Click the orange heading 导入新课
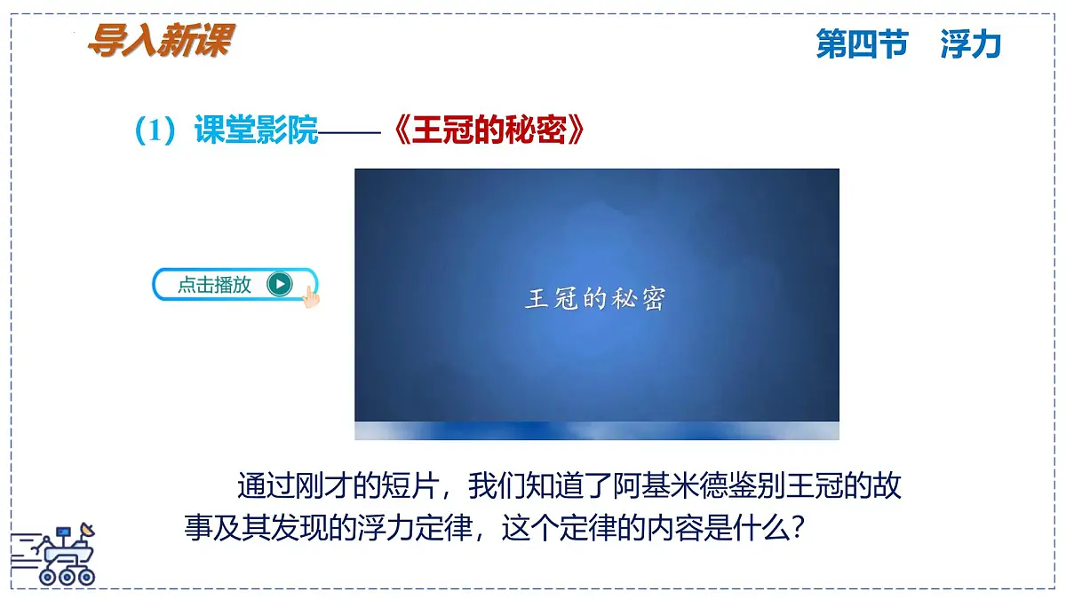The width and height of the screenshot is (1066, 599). coord(160,40)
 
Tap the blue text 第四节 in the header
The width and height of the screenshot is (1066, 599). coord(862,43)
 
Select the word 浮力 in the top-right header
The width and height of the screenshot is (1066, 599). coord(970,43)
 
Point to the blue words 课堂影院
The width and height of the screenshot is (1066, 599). coord(256,132)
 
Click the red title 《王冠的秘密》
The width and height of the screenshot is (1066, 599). coord(489,132)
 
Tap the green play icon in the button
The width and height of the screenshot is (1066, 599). coord(279,284)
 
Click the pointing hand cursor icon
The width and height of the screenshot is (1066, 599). coord(310,296)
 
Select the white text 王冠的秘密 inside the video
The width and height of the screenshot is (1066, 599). coord(595,298)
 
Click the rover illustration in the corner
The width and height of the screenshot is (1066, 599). coord(55,556)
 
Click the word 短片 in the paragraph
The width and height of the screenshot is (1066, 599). coord(407,487)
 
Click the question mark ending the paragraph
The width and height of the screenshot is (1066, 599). coord(797,530)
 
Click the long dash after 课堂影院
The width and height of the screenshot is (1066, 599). coord(350,133)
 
